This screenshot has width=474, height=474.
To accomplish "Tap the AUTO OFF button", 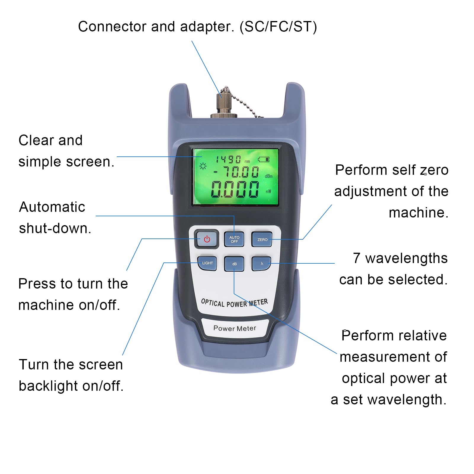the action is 234,239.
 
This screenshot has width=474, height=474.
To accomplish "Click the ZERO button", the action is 262,239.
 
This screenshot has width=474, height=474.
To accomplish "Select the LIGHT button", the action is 207,263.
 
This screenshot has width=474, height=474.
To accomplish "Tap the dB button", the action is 234,264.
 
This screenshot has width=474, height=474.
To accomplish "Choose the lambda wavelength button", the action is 261,264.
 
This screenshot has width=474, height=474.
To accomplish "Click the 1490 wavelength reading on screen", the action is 228,160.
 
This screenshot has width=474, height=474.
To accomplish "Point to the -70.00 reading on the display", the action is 236,172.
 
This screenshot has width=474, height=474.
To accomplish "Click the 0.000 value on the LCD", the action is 235,189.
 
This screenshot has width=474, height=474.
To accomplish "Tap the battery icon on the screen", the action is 263,159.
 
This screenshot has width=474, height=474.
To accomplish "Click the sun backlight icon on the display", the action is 203,166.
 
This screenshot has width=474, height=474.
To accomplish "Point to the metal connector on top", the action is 224,104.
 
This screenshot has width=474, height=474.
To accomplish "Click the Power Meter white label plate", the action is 235,328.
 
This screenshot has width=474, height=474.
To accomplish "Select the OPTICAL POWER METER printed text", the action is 234,303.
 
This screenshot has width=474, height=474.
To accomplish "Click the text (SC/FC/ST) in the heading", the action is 278,27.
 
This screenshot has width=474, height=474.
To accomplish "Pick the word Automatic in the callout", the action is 52,207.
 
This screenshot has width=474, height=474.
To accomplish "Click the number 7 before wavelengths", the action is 357,258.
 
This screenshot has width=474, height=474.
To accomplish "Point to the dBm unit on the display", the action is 268,176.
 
